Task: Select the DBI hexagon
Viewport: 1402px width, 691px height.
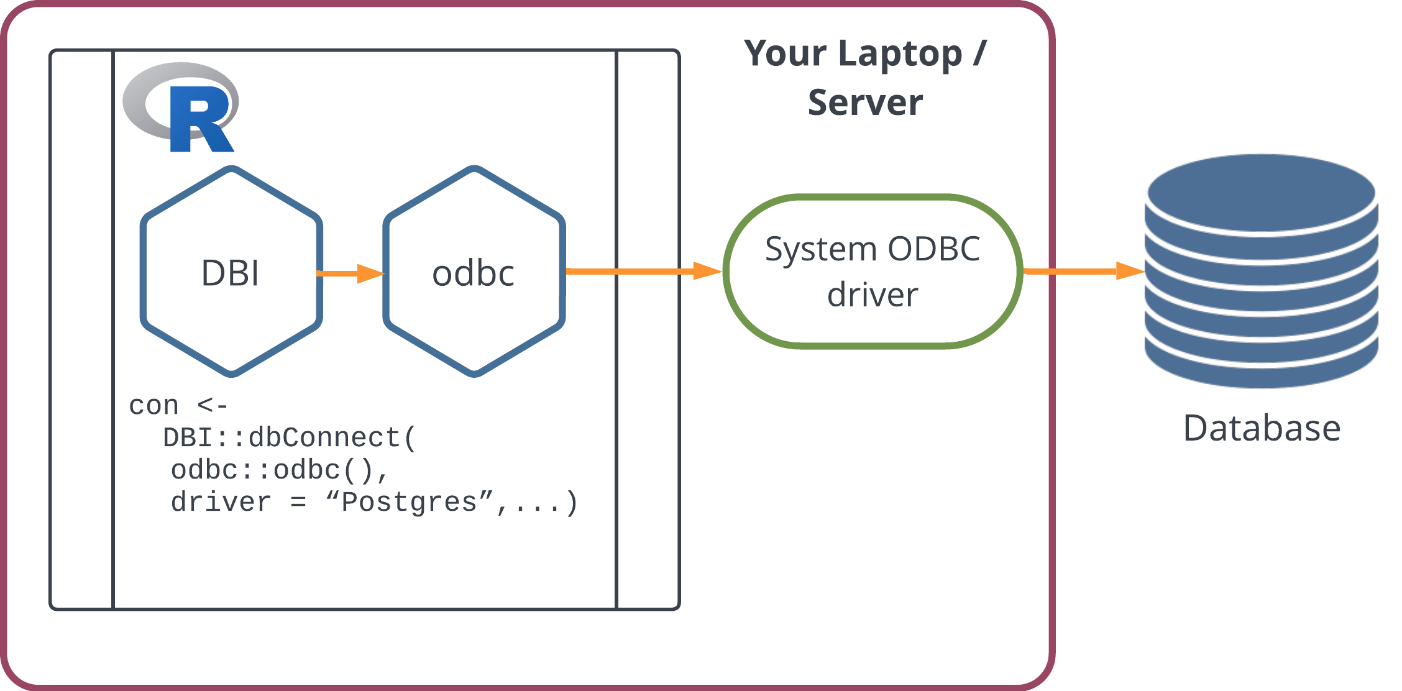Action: tap(231, 272)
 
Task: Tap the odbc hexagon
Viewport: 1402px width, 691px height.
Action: tap(474, 272)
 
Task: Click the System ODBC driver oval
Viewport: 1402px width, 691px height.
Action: tap(873, 272)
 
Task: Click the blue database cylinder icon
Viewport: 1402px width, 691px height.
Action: tap(1262, 271)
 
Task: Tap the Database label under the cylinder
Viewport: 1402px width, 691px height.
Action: tap(1262, 429)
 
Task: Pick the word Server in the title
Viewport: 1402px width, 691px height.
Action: tap(865, 103)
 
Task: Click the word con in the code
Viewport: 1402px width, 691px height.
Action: tap(153, 406)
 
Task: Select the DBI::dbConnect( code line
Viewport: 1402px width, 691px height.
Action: tap(289, 438)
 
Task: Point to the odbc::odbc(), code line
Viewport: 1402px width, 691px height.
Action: tap(280, 470)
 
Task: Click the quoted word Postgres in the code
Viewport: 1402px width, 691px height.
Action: tap(409, 502)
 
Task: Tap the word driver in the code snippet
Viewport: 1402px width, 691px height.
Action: tap(221, 502)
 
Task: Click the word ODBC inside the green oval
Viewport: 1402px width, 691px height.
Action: tap(933, 249)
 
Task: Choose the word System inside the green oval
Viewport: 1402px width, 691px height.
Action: tap(820, 249)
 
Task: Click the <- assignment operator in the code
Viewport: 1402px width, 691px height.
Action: tap(213, 406)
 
